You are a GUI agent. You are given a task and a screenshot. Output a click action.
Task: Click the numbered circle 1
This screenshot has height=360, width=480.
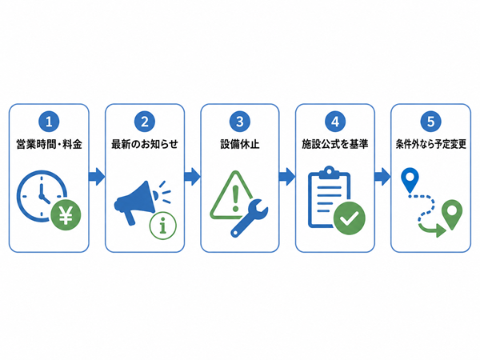click(49, 122)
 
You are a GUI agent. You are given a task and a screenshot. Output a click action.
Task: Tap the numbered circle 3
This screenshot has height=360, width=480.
click(240, 122)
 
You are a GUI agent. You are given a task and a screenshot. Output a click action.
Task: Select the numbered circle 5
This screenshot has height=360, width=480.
click(430, 122)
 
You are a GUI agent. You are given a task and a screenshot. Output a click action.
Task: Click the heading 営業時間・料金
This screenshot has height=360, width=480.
click(49, 144)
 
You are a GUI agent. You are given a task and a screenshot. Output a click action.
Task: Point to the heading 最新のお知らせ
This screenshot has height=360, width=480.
click(145, 144)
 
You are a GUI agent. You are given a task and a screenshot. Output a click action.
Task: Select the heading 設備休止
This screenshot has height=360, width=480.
click(240, 144)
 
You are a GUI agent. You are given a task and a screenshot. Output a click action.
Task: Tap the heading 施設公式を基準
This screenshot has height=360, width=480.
click(335, 144)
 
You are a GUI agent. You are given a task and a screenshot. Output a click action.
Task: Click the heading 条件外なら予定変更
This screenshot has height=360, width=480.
click(430, 144)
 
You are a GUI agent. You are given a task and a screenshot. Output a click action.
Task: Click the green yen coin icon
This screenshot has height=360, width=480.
click(66, 214)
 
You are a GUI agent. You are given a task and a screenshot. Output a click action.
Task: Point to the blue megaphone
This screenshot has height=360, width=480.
click(136, 202)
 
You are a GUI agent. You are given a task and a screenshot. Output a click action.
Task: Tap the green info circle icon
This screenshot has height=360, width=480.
click(163, 226)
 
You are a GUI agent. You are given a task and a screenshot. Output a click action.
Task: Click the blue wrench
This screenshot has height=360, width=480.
click(249, 218)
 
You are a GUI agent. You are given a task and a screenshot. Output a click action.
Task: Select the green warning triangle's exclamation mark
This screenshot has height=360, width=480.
click(235, 198)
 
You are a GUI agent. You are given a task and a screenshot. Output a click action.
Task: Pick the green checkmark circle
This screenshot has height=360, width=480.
click(349, 218)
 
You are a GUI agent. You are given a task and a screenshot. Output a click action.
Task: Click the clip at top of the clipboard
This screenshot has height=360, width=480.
click(329, 173)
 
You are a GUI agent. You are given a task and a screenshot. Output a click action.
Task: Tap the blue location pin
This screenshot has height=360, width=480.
click(410, 180)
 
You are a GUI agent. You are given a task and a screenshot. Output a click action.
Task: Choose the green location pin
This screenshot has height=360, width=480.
click(452, 214)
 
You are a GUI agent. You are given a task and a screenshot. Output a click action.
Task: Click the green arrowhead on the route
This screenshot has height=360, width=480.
click(441, 230)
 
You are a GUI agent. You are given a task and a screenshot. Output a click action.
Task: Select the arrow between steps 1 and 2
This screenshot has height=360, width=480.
click(97, 177)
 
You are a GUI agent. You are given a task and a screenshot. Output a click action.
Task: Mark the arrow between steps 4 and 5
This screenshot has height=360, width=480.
click(382, 177)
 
